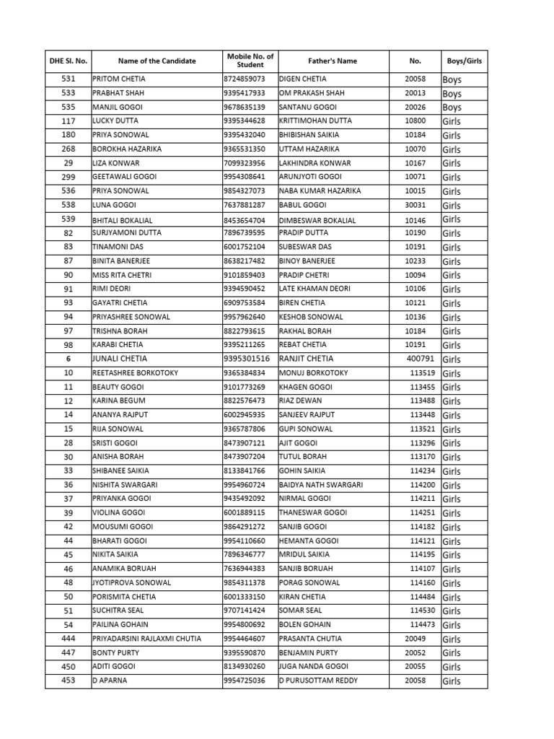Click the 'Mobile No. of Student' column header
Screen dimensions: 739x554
click(250, 61)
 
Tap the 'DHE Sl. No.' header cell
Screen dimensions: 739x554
click(69, 61)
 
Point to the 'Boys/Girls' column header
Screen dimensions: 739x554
click(464, 61)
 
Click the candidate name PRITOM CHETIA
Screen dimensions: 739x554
click(119, 79)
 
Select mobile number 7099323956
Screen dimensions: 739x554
click(245, 163)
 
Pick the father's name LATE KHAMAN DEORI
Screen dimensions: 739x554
click(315, 289)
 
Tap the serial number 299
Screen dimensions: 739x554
click(69, 177)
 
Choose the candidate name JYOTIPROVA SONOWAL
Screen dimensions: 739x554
click(132, 583)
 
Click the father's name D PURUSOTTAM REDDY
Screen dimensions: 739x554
click(318, 681)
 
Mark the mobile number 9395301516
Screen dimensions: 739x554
click(247, 359)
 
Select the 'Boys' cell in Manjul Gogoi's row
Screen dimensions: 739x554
click(452, 108)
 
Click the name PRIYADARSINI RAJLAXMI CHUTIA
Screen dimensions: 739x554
click(147, 639)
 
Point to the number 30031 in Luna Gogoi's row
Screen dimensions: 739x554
click(415, 205)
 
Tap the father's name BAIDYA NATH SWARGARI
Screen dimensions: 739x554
click(321, 485)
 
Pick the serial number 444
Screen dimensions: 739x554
click(69, 639)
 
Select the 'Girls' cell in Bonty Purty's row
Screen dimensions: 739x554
click(452, 653)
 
